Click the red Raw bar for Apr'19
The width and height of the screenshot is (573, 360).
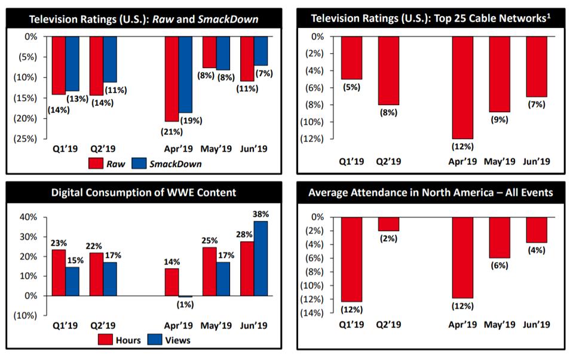click(171, 79)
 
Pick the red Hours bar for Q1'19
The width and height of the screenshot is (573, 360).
click(58, 272)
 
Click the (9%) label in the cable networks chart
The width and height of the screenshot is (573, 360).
click(500, 119)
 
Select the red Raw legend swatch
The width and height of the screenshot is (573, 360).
click(96, 163)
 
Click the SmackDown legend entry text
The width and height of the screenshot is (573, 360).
click(174, 163)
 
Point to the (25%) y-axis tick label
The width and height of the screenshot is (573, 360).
click(27, 139)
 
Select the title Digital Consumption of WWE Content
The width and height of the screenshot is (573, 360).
click(143, 192)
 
